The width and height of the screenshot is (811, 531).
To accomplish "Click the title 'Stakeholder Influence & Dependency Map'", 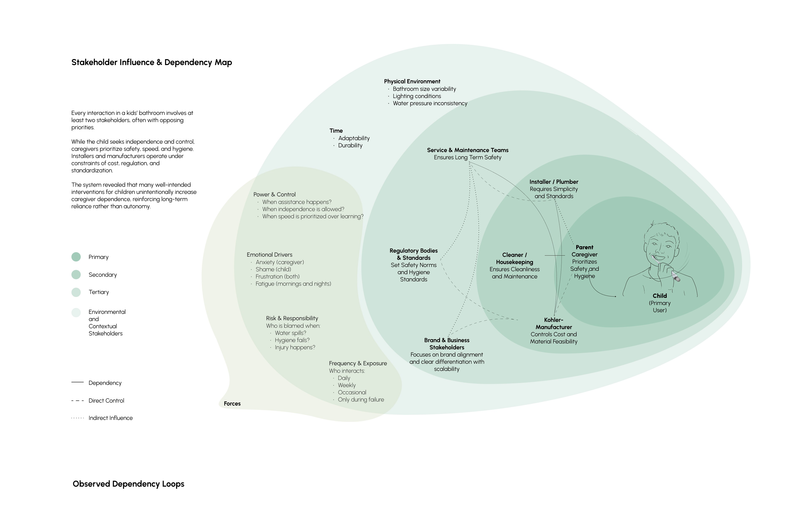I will coord(152,62).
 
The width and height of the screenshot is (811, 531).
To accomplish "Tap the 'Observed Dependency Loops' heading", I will coord(128,484).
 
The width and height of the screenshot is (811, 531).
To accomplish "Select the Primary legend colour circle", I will coord(76,257).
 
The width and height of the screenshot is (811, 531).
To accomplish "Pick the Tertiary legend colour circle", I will coord(76,292).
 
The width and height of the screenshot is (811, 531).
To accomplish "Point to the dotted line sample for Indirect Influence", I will coord(77,418).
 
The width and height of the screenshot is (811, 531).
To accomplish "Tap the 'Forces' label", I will coord(232,404).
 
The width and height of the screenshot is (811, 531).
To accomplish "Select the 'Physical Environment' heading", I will coord(412,81).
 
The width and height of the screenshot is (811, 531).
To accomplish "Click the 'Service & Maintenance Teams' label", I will coord(467,150).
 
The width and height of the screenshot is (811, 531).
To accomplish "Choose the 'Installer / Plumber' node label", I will coord(554,182).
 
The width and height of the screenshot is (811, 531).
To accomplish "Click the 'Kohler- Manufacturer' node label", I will coord(553,324).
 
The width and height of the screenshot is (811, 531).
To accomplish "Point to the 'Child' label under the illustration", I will coord(660,296).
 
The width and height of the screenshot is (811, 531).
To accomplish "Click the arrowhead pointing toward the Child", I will coord(615,296).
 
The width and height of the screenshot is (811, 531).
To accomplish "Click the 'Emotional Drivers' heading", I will coord(269,255).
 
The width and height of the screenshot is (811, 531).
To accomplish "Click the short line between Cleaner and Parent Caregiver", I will coord(554,255).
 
